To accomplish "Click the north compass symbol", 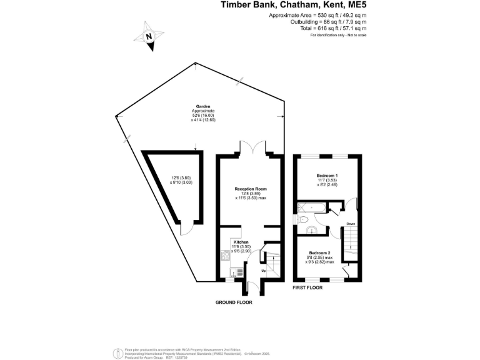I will pos(150,36).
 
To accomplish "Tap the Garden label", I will pos(202,107).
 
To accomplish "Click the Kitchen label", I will pos(241,242).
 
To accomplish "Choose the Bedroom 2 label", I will pos(319,252).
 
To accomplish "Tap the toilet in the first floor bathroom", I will pos(304,219).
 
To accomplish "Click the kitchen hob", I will pos(226,256).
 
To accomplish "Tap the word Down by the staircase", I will pos(351,223).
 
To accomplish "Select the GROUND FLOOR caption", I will pos(234,302).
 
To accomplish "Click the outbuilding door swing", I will pos(185,229).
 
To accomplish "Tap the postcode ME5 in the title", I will pos(357,5).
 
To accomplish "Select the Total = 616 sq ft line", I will pos(328,29).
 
